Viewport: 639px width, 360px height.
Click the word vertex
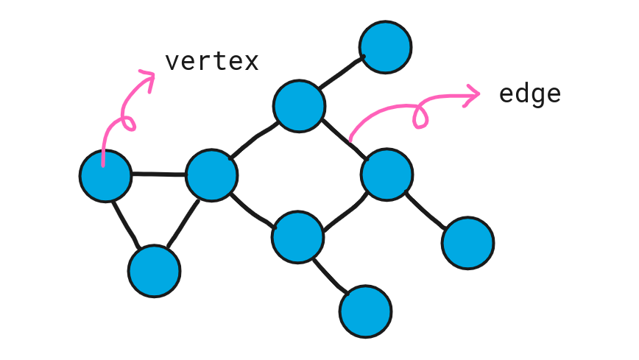tap(211, 61)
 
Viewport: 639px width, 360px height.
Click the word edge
tap(529, 94)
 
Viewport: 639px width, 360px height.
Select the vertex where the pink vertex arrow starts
tap(106, 176)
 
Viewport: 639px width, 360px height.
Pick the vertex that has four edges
tap(212, 176)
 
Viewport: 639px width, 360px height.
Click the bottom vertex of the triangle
tap(154, 271)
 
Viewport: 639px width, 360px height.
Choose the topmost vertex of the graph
tap(385, 47)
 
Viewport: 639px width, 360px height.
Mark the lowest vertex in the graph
tap(366, 311)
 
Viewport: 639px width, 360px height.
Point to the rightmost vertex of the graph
tap(468, 243)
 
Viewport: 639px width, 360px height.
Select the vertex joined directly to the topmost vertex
tap(299, 106)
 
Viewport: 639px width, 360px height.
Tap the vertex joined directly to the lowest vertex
tap(297, 238)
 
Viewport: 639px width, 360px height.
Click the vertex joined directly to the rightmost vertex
tap(387, 174)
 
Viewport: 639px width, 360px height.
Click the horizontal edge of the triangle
tap(158, 175)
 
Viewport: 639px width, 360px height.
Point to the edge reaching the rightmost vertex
tap(427, 210)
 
